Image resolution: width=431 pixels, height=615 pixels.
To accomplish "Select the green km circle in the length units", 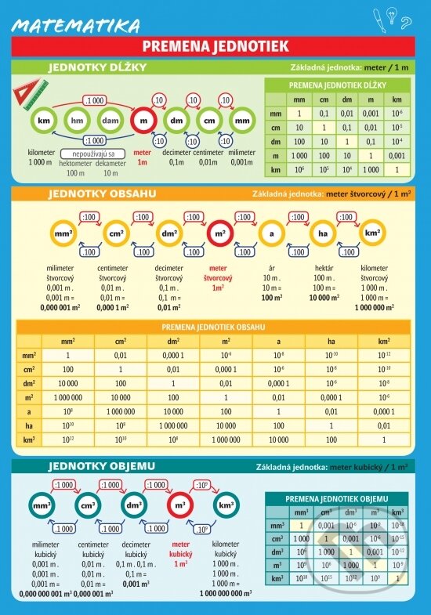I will point(44,121).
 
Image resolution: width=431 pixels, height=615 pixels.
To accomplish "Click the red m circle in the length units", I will point(143,121).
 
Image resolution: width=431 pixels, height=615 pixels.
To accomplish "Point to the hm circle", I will point(77,121).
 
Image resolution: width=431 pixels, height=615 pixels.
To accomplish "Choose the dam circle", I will point(110,121).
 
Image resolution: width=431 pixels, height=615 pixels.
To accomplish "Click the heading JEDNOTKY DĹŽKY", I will point(97,67).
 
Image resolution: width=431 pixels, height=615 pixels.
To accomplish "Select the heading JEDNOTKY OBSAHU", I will point(102,193).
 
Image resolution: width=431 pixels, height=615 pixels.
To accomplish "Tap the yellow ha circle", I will point(321,233).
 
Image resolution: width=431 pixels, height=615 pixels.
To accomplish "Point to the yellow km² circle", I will point(371,233).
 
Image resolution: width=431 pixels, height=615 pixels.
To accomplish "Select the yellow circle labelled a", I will point(271,233).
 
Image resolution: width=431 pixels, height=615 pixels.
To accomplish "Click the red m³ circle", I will point(181,506).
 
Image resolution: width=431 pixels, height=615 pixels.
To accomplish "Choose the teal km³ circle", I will point(226,506).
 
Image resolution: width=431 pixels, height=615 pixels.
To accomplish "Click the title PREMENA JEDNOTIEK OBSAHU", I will point(213,327).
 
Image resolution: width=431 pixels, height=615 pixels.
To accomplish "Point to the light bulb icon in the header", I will point(406,19).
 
